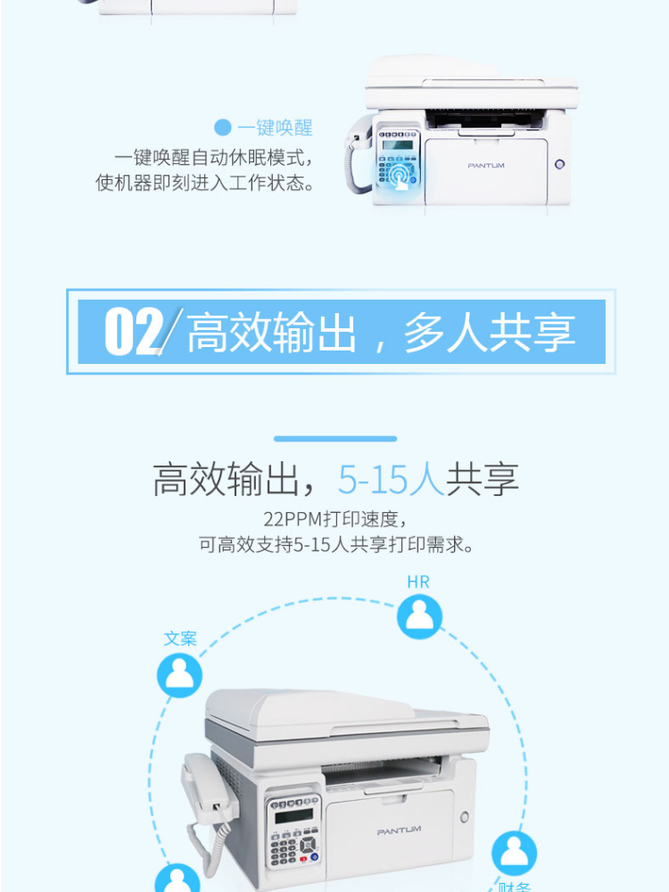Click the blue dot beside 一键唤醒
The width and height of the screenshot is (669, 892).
point(223,128)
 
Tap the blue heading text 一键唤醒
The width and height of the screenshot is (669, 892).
point(276,128)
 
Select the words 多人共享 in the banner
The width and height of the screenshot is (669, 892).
point(490,333)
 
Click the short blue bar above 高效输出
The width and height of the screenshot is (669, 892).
point(335,439)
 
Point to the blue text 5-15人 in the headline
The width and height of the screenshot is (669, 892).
point(391,479)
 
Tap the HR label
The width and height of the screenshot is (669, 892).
point(418,582)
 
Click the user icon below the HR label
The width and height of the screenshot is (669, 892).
point(419,616)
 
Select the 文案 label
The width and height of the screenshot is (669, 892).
point(180,639)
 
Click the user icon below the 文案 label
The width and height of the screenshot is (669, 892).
point(180,675)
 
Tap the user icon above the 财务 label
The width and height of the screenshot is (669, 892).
point(515,854)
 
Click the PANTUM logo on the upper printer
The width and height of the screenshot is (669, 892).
point(486,166)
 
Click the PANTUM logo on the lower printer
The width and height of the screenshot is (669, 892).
point(399,831)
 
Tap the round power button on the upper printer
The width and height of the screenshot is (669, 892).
point(560,164)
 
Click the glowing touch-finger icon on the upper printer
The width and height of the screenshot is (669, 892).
point(400,176)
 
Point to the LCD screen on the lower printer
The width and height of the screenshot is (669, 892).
point(293,816)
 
